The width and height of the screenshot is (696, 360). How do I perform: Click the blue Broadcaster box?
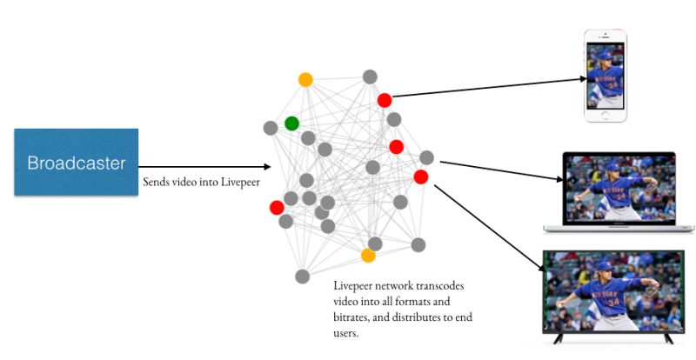pos(76,162)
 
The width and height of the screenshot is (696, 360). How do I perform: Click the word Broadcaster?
pos(76,163)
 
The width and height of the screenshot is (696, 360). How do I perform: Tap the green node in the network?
pos(291,123)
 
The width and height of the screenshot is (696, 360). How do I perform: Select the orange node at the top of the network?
pos(305,79)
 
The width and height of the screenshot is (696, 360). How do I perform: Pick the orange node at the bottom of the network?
pos(368,256)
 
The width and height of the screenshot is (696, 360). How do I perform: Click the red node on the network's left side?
pos(277,207)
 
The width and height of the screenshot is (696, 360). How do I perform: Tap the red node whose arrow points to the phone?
pos(385,100)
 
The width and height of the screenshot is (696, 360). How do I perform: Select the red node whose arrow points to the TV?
pos(420,177)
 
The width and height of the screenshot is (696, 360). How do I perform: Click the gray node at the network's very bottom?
pos(302,277)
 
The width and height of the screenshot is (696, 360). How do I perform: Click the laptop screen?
pos(619,190)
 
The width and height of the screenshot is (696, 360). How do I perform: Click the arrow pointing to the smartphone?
pos(487,88)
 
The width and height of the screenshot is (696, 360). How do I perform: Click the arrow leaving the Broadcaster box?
pos(204,167)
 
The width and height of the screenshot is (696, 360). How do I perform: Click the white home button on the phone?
pos(606,117)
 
